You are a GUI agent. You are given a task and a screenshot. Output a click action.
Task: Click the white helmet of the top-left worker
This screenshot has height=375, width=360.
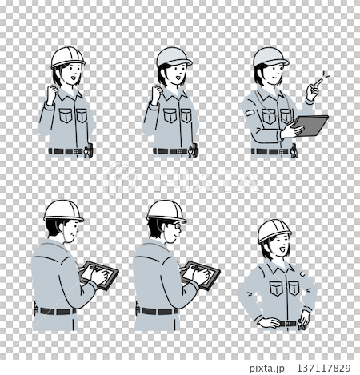point(67,57)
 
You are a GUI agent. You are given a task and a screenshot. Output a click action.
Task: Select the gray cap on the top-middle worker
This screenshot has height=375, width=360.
point(173,56)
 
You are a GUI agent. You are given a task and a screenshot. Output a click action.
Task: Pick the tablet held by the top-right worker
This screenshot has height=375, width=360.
point(310,126)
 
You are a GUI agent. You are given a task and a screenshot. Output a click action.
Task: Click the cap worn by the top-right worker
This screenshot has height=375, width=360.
point(270,57)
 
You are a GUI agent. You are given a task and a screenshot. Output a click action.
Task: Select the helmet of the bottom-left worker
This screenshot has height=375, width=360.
point(63,211)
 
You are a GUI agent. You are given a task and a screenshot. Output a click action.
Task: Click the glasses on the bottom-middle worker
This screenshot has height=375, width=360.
point(175,226)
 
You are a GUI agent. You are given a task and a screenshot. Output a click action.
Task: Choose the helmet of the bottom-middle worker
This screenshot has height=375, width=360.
point(166,210)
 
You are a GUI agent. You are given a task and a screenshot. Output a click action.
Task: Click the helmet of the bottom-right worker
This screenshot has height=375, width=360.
point(274,230)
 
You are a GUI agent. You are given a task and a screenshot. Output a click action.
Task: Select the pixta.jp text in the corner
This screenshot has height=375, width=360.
point(271,368)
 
